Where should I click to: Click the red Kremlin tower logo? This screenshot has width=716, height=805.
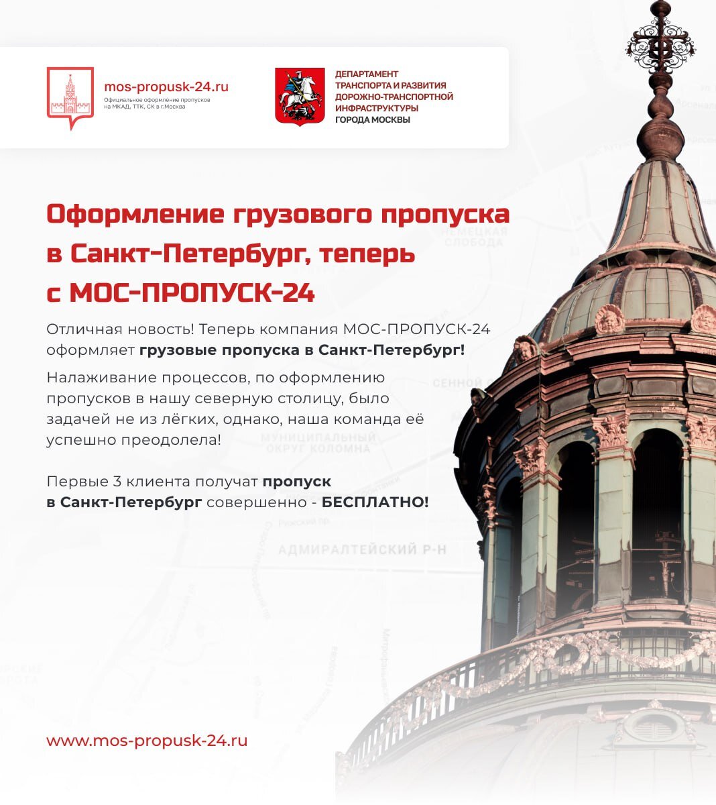[70, 98]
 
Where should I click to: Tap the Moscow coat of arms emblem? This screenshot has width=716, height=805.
[295, 96]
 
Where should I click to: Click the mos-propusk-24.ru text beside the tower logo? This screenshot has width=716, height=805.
[166, 87]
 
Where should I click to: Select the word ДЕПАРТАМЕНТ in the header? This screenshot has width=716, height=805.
[367, 74]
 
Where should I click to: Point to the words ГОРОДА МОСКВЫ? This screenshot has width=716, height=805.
[372, 120]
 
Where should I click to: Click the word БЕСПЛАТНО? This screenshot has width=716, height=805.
[375, 502]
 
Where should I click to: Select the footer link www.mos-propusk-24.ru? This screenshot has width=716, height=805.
[147, 741]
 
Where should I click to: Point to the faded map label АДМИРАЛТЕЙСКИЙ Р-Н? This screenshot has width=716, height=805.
[362, 550]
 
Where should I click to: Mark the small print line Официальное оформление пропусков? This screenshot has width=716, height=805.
[157, 100]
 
